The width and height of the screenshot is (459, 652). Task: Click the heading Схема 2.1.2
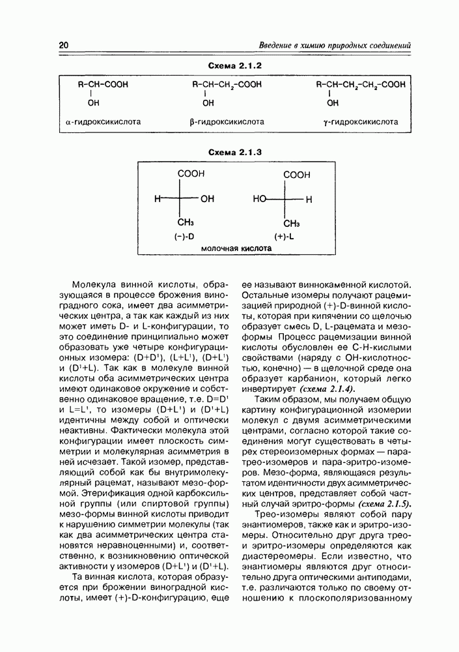(234, 67)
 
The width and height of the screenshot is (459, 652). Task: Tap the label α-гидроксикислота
(104, 121)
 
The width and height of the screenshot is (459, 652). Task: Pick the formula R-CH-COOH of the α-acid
(104, 85)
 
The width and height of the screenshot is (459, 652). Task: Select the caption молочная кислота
(235, 249)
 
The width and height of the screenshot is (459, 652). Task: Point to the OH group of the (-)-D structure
(207, 200)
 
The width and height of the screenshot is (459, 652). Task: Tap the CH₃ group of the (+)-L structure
(292, 223)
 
